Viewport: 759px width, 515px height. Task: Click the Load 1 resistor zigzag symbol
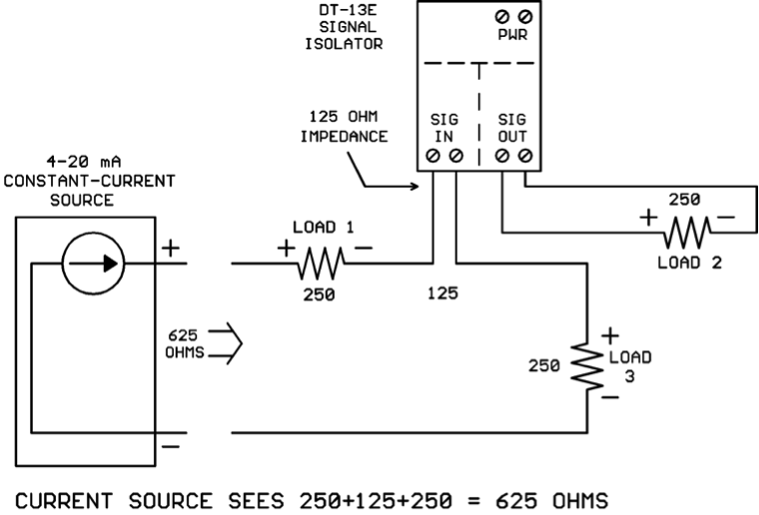pos(319,263)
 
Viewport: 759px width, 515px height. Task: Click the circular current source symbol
pos(94,263)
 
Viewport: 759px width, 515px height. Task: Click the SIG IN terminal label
pos(444,128)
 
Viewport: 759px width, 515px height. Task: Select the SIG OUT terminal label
pos(511,128)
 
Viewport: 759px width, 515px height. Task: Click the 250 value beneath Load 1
pos(319,295)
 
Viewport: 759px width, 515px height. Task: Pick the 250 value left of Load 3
pos(545,365)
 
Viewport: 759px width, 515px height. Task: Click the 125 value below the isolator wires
pos(442,295)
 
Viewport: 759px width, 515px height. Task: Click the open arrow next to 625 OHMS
pos(231,342)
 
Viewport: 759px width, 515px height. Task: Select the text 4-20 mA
pos(89,162)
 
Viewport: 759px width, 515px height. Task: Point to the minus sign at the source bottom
pos(172,446)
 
